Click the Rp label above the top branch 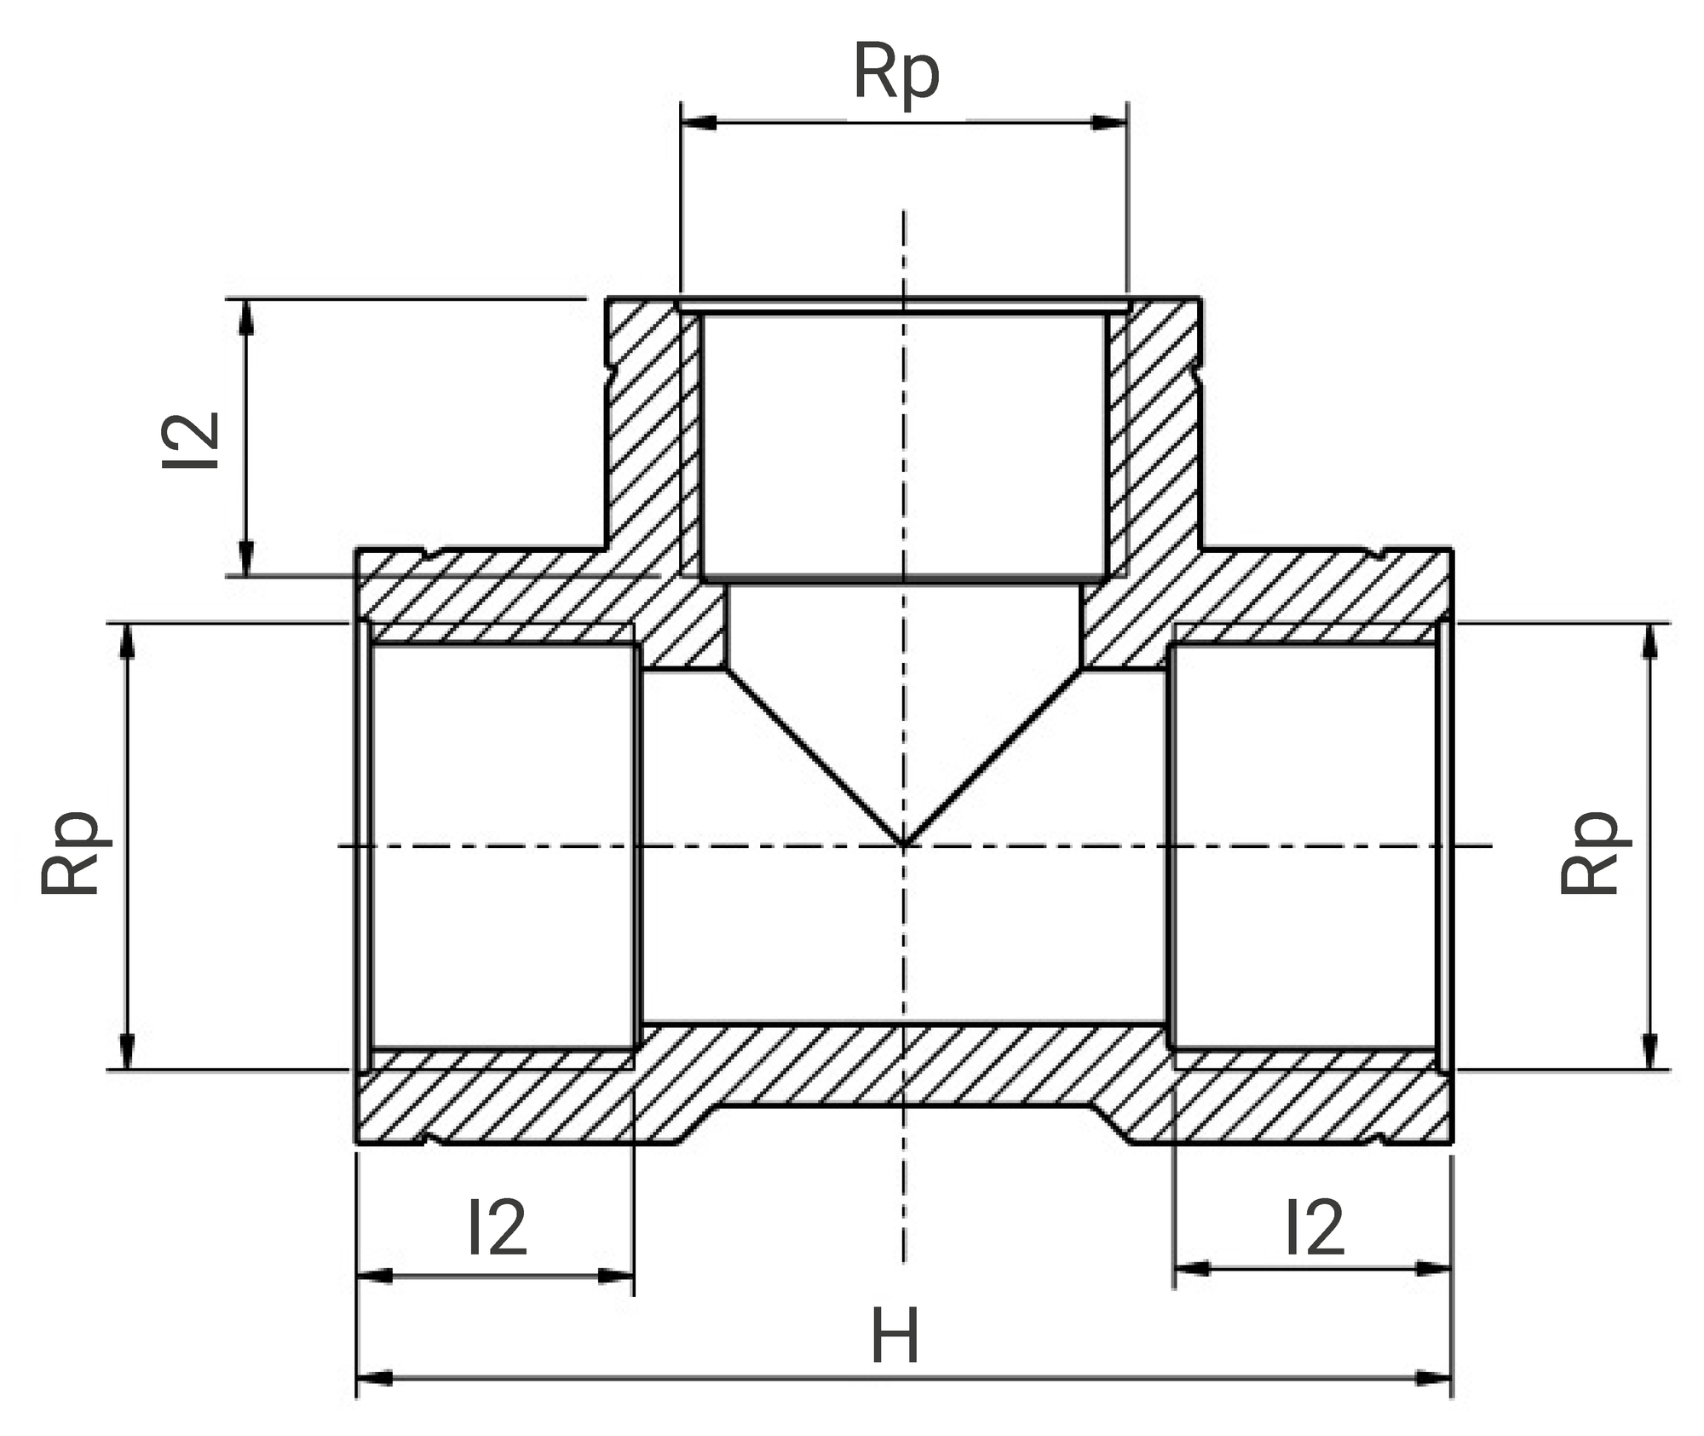pyautogui.click(x=896, y=74)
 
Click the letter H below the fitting pyautogui.click(x=895, y=1337)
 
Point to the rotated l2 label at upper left pyautogui.click(x=192, y=440)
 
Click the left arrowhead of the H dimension pyautogui.click(x=375, y=1378)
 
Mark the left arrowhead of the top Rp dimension pyautogui.click(x=699, y=124)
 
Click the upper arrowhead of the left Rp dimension pyautogui.click(x=127, y=642)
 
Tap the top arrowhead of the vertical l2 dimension pyautogui.click(x=247, y=317)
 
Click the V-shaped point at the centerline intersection pyautogui.click(x=904, y=845)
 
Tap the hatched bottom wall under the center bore pyautogui.click(x=904, y=1065)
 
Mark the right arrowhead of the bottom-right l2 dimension pyautogui.click(x=1434, y=1269)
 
